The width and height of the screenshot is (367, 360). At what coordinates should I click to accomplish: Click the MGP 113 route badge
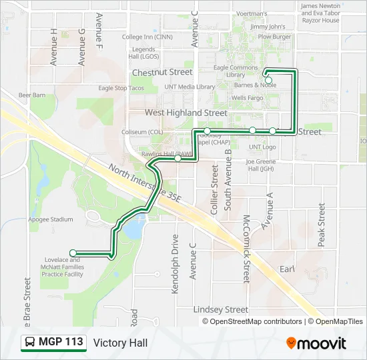point(53,343)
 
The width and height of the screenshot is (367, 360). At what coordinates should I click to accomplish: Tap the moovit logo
point(316,343)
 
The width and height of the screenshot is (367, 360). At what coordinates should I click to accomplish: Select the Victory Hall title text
point(121,343)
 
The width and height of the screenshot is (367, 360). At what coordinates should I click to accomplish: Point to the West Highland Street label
point(186,113)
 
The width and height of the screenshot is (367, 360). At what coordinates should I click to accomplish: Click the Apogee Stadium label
point(51,219)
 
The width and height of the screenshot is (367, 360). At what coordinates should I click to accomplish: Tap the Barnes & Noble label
point(255,85)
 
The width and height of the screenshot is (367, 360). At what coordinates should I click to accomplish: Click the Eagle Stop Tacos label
point(121,88)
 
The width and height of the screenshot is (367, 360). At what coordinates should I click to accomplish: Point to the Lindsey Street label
point(220,309)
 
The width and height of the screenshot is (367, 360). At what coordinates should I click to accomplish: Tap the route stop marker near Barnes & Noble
point(268,80)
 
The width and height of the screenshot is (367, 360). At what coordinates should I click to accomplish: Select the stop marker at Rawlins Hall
point(178,159)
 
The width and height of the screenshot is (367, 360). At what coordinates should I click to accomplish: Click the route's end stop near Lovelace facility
point(73,253)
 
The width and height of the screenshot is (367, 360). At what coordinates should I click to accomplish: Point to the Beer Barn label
point(32,95)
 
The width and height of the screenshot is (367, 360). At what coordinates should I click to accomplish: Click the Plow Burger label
point(274,37)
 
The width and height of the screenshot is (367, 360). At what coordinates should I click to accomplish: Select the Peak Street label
point(322,225)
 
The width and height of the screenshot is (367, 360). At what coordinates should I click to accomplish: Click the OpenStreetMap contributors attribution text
point(252,321)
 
